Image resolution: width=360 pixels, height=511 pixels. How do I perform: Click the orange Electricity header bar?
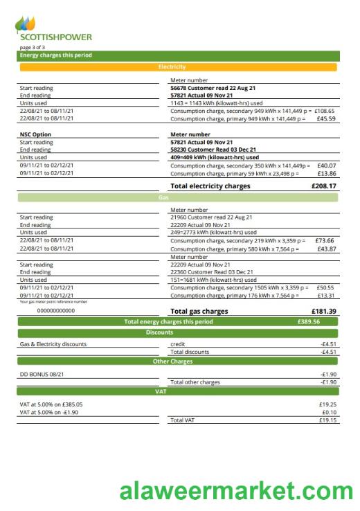pyautogui.click(x=179, y=67)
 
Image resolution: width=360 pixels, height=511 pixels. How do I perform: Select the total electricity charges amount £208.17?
pyautogui.click(x=324, y=186)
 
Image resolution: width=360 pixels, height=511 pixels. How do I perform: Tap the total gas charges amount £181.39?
pyautogui.click(x=324, y=312)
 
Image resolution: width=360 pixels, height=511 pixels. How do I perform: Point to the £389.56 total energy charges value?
pyautogui.click(x=307, y=322)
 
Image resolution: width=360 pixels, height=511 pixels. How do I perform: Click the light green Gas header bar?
pyautogui.click(x=179, y=197)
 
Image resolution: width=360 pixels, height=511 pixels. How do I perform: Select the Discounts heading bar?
pyautogui.click(x=179, y=332)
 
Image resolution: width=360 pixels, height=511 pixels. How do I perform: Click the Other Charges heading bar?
pyautogui.click(x=179, y=361)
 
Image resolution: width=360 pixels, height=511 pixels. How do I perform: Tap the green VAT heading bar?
pyautogui.click(x=179, y=392)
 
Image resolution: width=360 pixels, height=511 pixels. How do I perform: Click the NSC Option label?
pyautogui.click(x=35, y=134)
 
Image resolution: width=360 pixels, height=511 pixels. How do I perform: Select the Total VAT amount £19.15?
pyautogui.click(x=327, y=420)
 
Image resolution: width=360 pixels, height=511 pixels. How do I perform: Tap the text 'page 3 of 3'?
pyautogui.click(x=32, y=47)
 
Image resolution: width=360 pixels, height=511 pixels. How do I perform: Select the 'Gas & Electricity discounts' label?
pyautogui.click(x=53, y=343)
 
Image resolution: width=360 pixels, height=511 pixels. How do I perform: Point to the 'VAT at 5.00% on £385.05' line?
pyautogui.click(x=51, y=404)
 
